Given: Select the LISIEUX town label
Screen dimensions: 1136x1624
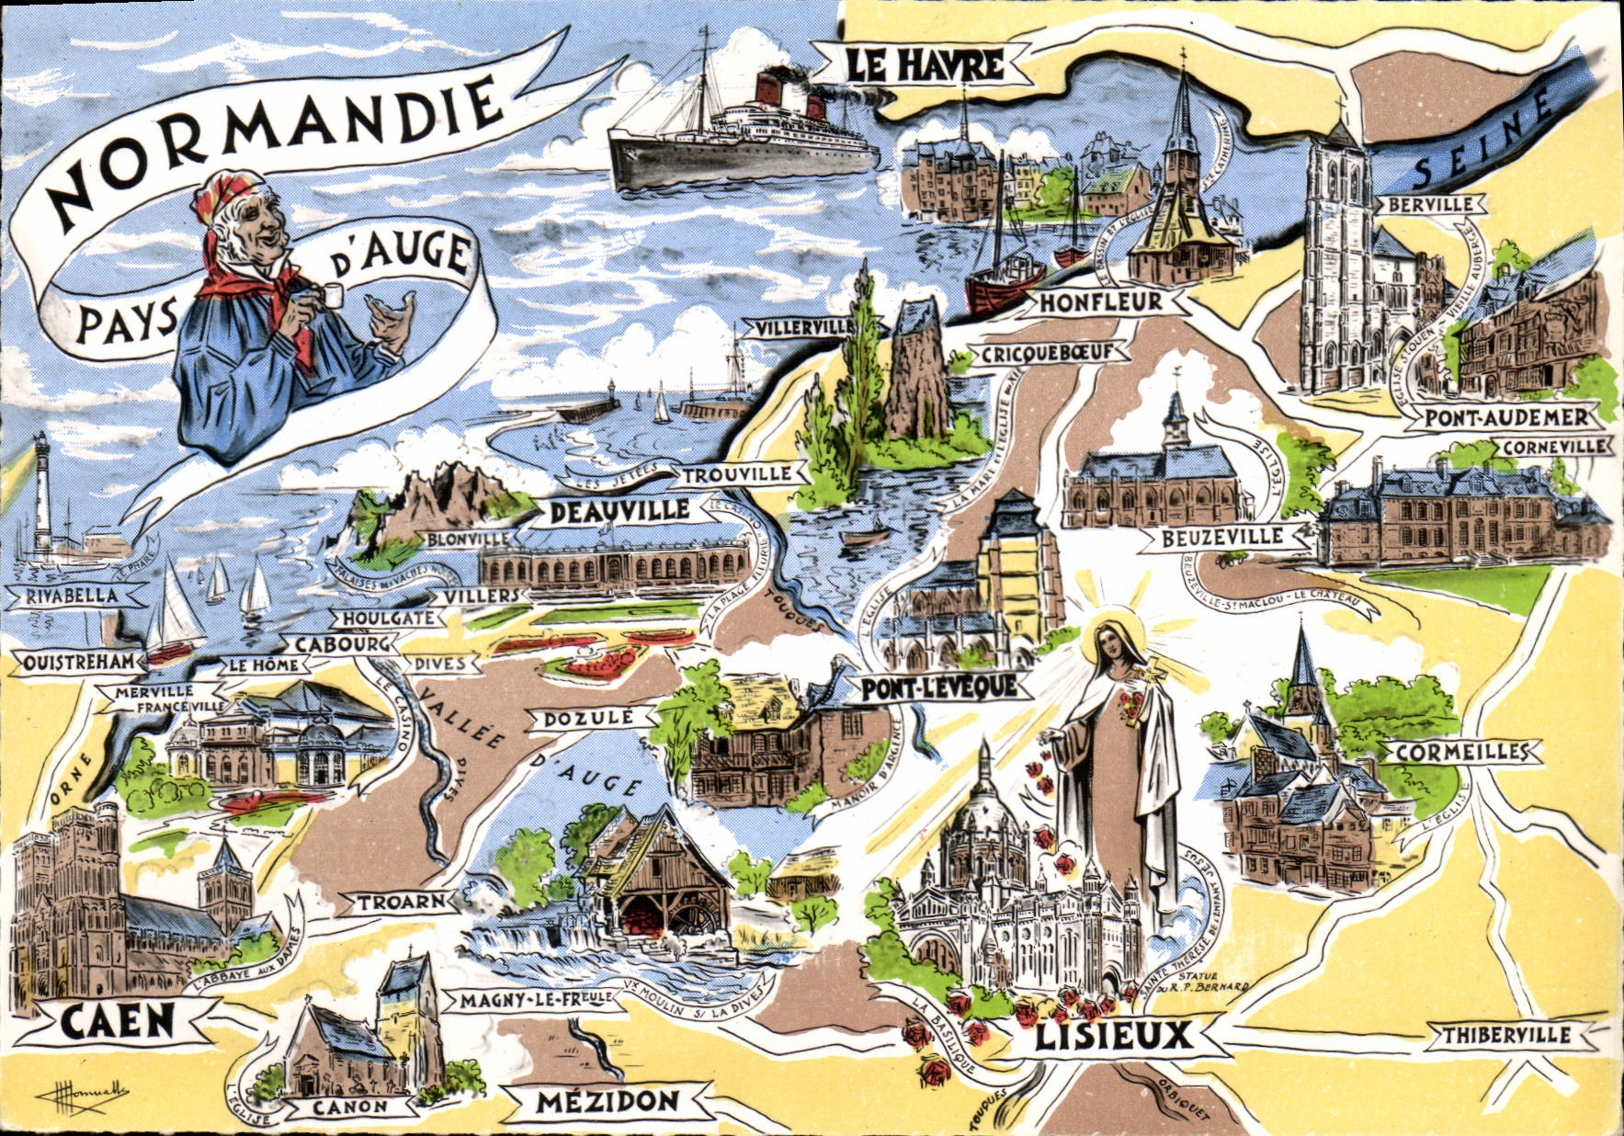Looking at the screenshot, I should pyautogui.click(x=1113, y=1037).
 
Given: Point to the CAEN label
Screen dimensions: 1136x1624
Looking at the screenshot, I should pyautogui.click(x=118, y=1020).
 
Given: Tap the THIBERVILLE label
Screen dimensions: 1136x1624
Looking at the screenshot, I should pyautogui.click(x=1505, y=1035).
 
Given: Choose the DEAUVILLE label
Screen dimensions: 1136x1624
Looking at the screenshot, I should pyautogui.click(x=619, y=511).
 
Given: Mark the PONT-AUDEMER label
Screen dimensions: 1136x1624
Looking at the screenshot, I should pyautogui.click(x=1505, y=417).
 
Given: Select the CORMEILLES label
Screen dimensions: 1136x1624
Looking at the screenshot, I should pyautogui.click(x=1459, y=752).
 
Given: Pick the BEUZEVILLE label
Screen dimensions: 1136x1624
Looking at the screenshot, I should pyautogui.click(x=1221, y=538).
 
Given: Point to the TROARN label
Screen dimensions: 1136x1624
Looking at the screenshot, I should pyautogui.click(x=400, y=902).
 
